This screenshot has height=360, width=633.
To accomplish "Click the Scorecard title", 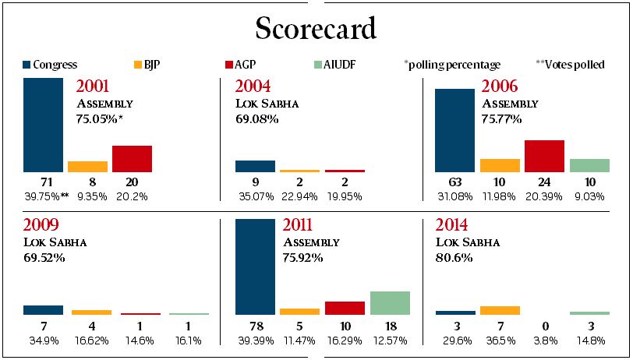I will [316, 28].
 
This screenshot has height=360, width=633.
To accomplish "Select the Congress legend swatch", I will [27, 65].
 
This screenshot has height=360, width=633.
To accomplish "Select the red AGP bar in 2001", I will [132, 158].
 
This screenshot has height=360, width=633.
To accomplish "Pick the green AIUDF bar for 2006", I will [589, 165].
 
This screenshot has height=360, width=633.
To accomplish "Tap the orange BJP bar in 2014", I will [500, 310].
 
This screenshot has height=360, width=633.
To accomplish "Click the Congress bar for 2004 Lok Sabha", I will [255, 166].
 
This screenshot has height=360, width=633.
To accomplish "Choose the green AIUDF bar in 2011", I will [390, 302].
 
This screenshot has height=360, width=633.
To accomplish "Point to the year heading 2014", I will [453, 226].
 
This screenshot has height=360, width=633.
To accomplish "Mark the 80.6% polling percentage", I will [454, 257].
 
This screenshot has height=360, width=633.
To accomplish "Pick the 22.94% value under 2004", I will [299, 196].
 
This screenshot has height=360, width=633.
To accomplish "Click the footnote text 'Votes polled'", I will [576, 65].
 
